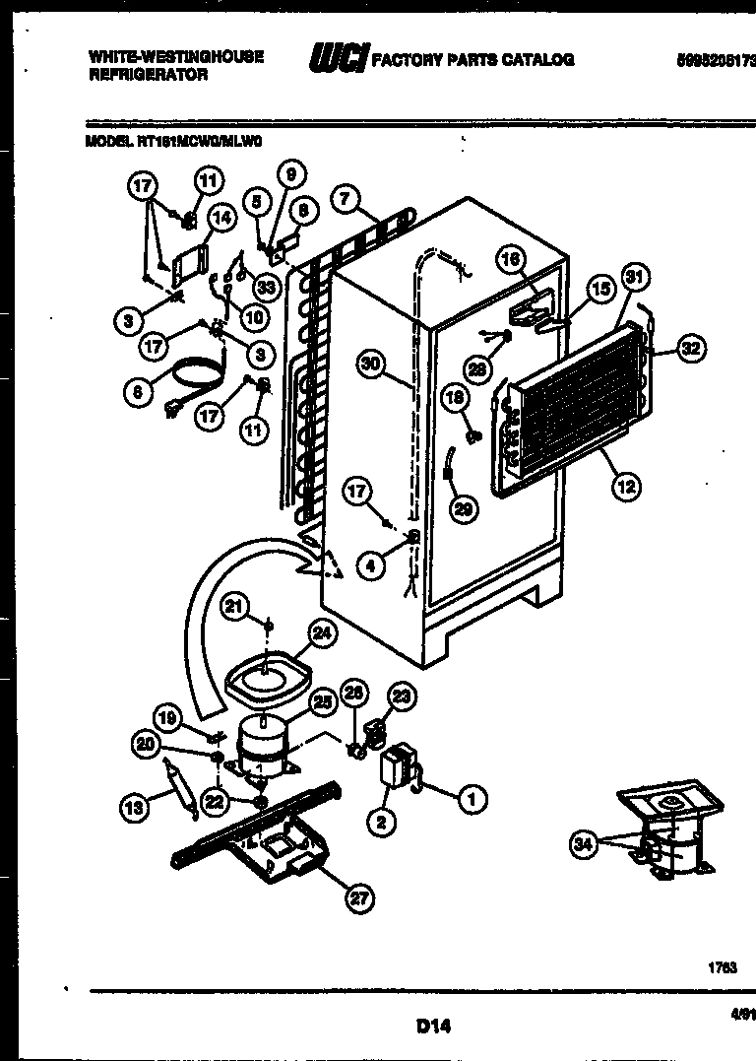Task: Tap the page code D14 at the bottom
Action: [432, 1027]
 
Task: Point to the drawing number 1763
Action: [722, 968]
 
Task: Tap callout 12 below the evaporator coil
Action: [626, 485]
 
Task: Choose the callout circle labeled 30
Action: [370, 364]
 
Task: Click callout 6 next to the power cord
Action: [137, 392]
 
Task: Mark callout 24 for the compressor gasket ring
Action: [321, 635]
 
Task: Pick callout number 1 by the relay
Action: [472, 800]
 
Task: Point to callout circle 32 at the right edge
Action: [692, 348]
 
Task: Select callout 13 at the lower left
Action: [133, 808]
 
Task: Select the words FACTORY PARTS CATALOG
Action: [472, 60]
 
